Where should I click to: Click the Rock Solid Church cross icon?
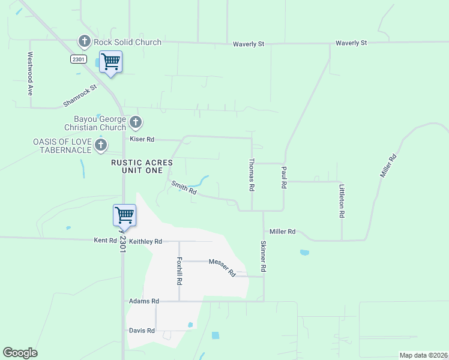[85, 42]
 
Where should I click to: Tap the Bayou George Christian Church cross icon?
[136, 123]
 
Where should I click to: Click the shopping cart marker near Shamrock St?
[110, 61]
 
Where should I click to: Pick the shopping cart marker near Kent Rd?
[124, 215]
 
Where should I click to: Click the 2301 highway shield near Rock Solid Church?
[78, 58]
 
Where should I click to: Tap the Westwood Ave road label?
[29, 74]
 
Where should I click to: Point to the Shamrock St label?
[80, 96]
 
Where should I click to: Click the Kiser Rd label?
[142, 139]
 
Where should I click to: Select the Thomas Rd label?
[252, 175]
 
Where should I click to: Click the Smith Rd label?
[184, 188]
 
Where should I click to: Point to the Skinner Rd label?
[263, 257]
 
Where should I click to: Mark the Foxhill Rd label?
[179, 271]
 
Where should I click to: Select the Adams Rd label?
[143, 301]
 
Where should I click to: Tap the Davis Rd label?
[142, 331]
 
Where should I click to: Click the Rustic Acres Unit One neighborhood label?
[142, 167]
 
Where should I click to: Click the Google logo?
[20, 353]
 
